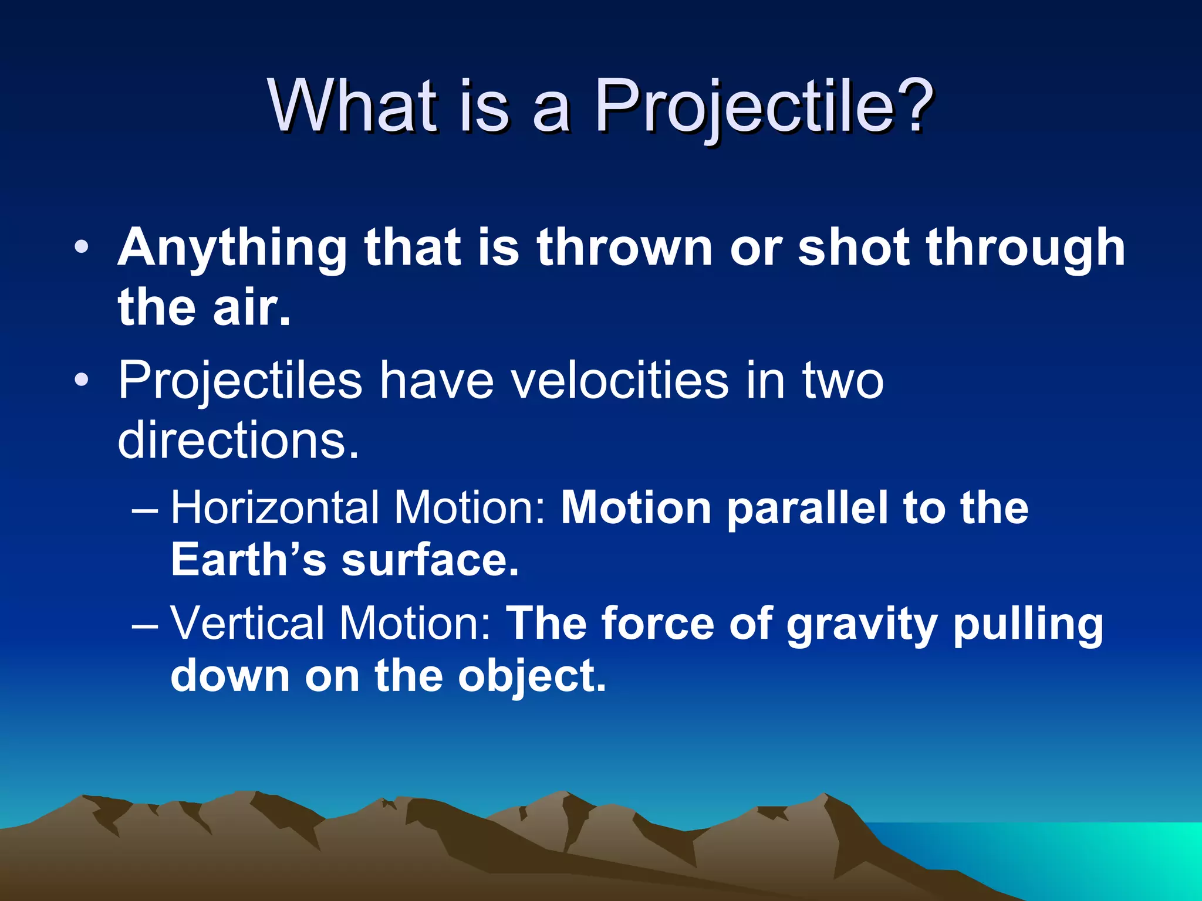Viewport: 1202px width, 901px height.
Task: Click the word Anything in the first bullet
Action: pyautogui.click(x=232, y=249)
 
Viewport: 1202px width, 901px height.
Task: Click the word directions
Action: pyautogui.click(x=238, y=440)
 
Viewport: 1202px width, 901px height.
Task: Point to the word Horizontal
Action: pyautogui.click(x=275, y=507)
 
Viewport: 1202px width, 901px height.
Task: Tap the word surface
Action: pyautogui.click(x=430, y=560)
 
